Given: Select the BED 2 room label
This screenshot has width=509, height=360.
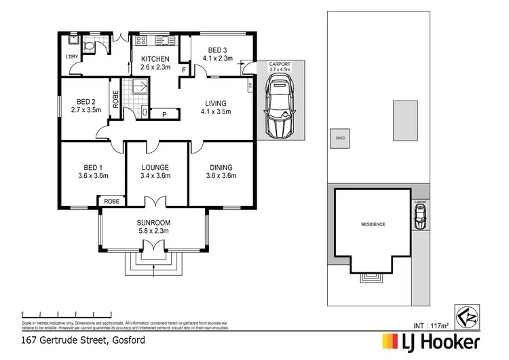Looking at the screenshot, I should (x=84, y=104).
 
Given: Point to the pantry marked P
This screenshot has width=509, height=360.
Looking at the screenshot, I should (x=164, y=114).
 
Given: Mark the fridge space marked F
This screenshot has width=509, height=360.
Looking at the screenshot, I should (x=184, y=69).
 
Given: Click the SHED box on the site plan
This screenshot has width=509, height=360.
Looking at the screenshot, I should (x=340, y=139).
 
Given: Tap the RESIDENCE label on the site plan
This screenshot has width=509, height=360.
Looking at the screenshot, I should (x=373, y=225).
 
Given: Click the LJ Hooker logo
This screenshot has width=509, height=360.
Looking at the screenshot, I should (x=432, y=340).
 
